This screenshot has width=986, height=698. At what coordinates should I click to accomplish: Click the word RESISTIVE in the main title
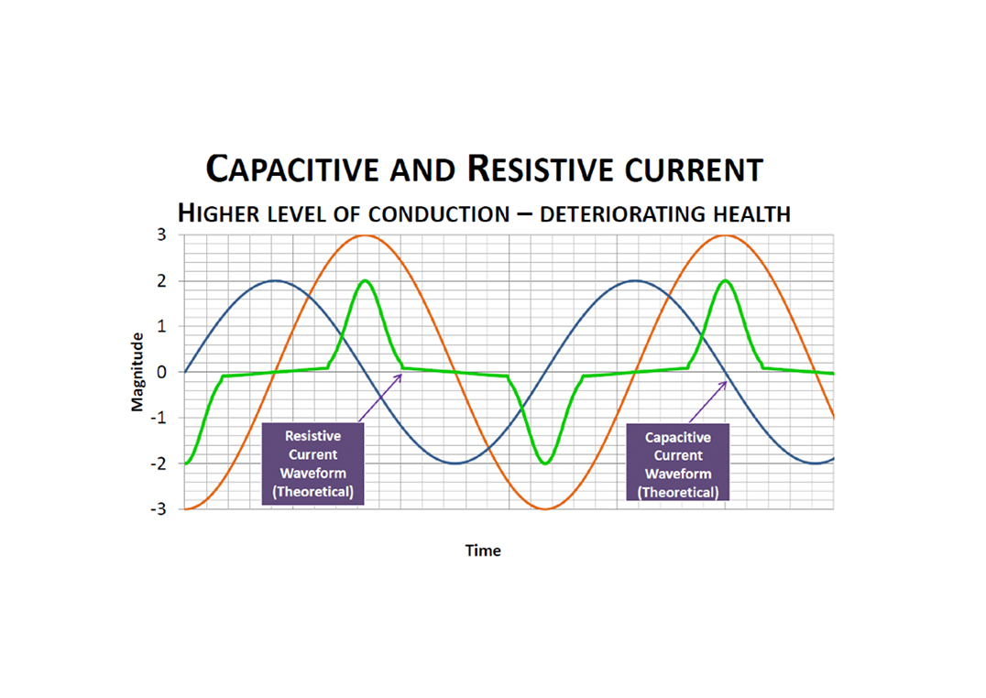tap(531, 169)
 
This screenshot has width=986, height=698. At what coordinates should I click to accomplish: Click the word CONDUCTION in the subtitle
tap(439, 214)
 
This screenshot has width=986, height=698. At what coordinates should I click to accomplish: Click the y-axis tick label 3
tap(160, 234)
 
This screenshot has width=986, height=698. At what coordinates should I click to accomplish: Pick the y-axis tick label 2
tap(160, 280)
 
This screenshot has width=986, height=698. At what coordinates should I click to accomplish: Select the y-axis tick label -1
tap(158, 418)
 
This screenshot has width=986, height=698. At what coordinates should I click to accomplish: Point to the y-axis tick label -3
tap(158, 509)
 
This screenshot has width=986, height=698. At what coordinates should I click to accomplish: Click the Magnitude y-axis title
tap(137, 372)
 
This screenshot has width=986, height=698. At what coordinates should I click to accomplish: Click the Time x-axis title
tap(483, 551)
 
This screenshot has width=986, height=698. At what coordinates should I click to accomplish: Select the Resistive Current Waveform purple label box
tap(312, 464)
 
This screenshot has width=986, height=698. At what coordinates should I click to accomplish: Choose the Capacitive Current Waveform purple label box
tap(678, 464)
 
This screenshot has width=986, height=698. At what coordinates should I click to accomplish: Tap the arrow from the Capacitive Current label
tap(707, 401)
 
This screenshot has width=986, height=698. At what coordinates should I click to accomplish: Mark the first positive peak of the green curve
tap(365, 280)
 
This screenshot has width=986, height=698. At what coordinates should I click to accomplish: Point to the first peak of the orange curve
tap(365, 235)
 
